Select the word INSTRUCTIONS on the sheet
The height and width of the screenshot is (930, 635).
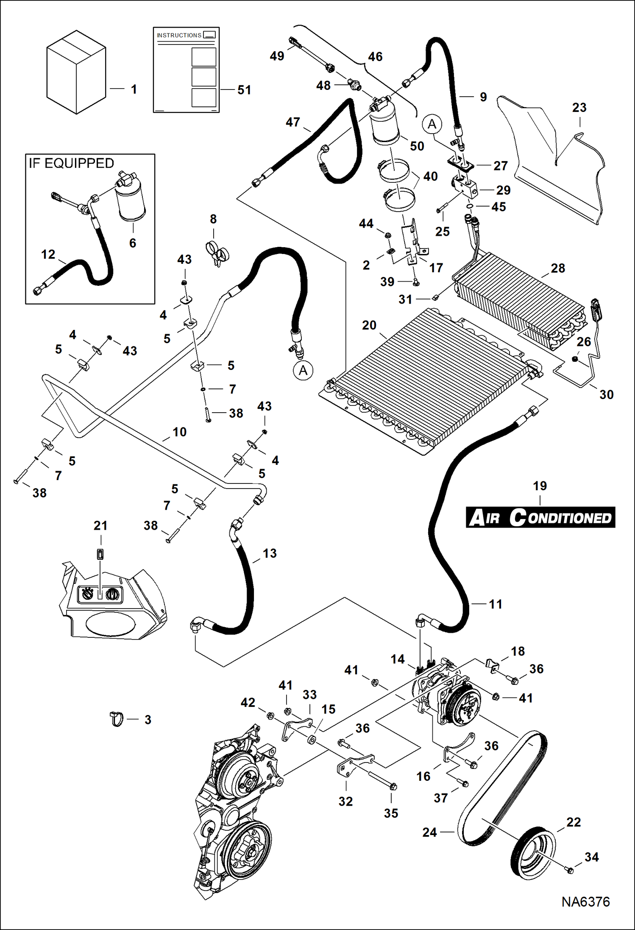click(x=179, y=35)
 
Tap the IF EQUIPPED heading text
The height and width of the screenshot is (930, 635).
click(x=71, y=163)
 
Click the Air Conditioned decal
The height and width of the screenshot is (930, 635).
click(x=540, y=517)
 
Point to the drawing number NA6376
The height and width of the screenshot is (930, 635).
click(x=585, y=902)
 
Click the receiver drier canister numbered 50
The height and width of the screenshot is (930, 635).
click(x=384, y=125)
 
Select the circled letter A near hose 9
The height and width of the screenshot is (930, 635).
click(x=432, y=124)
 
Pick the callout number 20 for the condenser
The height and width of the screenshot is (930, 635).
click(x=369, y=325)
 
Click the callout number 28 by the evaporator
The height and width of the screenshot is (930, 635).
click(x=558, y=268)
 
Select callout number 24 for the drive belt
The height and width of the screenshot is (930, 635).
click(x=429, y=832)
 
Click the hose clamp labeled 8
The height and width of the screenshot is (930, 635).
click(x=217, y=253)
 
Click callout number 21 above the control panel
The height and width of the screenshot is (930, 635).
click(x=100, y=526)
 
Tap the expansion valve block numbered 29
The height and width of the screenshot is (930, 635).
click(x=465, y=187)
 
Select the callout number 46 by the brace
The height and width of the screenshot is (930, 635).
click(x=375, y=56)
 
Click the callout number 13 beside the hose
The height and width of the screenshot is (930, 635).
click(x=270, y=553)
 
